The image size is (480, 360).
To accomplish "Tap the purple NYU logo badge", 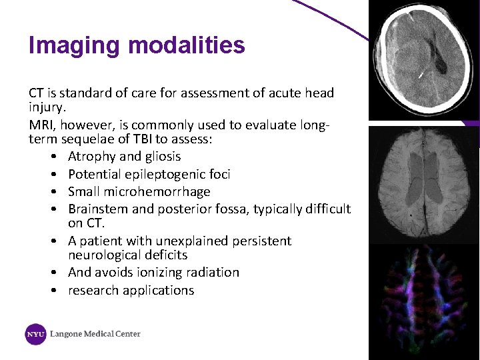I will (x=35, y=334).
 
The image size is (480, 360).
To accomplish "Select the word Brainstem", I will (x=97, y=209).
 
